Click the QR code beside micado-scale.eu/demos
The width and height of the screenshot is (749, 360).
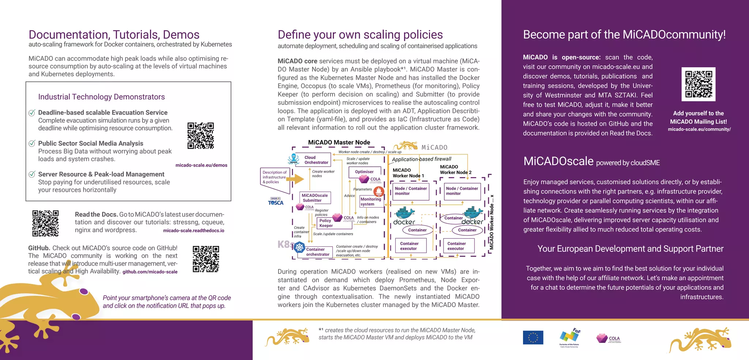point(200,136)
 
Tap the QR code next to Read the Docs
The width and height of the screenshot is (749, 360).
point(45,223)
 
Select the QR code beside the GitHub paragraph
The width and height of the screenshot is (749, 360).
point(206,259)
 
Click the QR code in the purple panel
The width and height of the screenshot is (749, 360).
point(698,84)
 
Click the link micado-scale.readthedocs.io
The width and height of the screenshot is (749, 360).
point(193,231)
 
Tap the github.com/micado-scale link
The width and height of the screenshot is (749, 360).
point(150,272)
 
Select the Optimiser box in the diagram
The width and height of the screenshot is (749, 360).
point(364,172)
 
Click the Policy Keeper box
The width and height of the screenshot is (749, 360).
point(326,223)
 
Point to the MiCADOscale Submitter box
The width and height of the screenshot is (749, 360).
point(315,198)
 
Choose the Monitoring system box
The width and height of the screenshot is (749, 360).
point(370,202)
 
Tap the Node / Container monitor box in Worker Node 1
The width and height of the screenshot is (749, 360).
point(411,191)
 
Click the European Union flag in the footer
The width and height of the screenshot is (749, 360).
point(533,337)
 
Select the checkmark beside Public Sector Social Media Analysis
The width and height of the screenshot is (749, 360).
point(32,143)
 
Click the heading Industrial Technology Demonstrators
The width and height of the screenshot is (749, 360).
point(101,97)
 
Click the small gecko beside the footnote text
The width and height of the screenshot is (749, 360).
point(287,336)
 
